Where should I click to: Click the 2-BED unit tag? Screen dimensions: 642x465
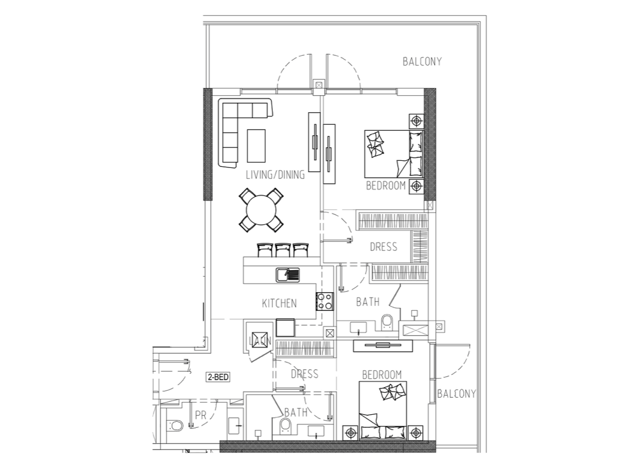point(218,377)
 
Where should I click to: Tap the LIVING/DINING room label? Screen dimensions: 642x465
point(275,175)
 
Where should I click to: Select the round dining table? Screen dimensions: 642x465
point(261,210)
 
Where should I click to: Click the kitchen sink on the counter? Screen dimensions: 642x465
point(288,275)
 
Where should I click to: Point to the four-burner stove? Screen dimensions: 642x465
point(325,301)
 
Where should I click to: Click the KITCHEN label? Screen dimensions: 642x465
point(279,303)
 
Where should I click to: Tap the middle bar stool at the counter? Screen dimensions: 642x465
point(283,250)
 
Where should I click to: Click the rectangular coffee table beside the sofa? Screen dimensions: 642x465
point(256,146)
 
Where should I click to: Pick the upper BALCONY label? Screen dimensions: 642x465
point(422,62)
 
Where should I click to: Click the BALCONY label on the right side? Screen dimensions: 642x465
point(457,394)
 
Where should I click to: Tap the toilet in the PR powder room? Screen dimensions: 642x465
point(175,425)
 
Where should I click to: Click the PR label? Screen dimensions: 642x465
point(201,415)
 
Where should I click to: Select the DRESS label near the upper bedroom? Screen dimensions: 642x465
point(383,247)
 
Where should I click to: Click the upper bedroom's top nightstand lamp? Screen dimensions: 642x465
point(416,121)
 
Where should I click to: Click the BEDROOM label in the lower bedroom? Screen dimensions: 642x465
point(382,375)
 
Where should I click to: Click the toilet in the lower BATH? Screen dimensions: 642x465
point(284,427)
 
